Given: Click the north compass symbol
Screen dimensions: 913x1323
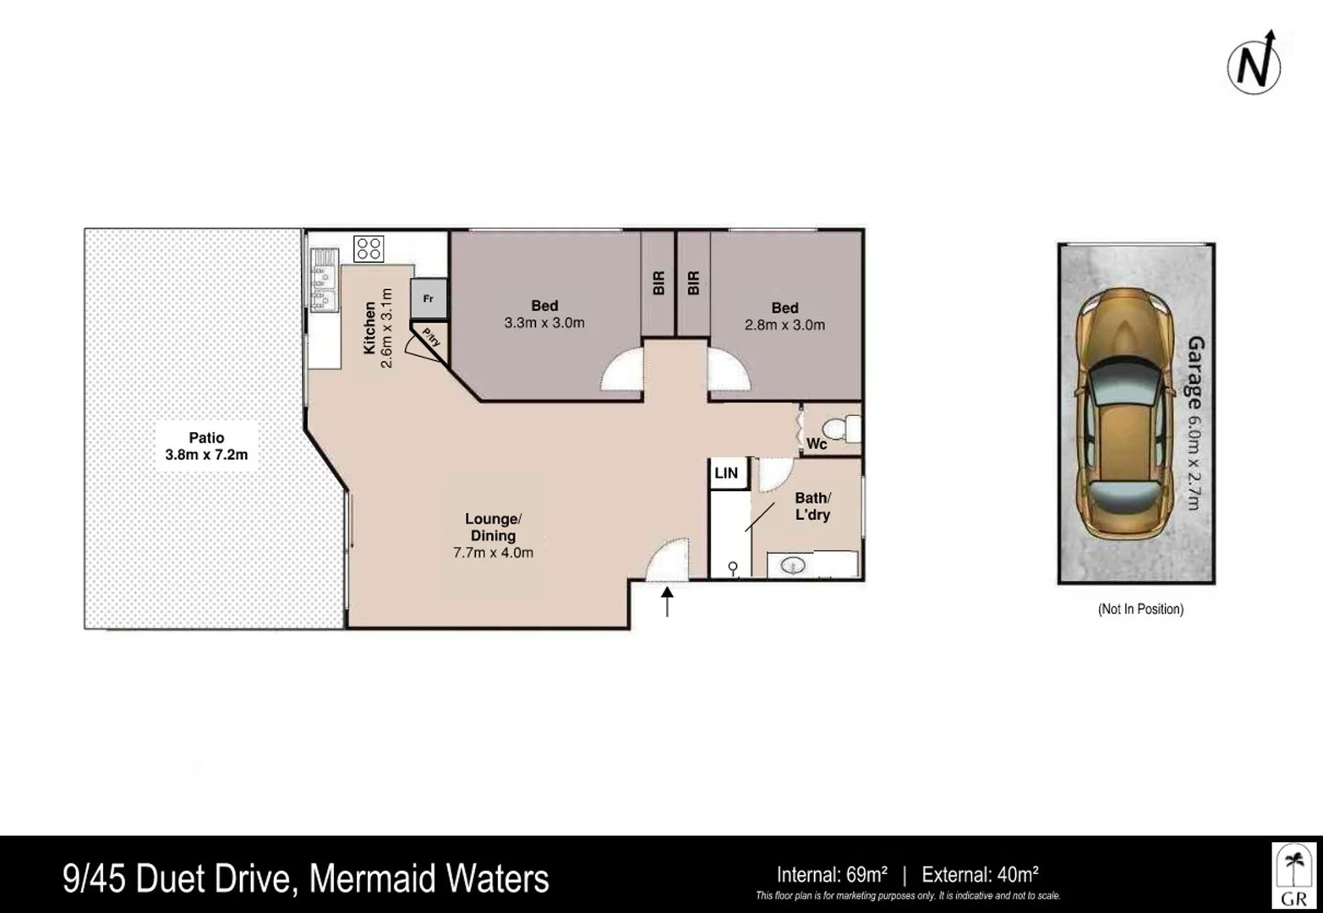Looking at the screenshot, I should click(x=1255, y=65).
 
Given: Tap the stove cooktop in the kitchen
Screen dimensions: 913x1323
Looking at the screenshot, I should click(x=369, y=249).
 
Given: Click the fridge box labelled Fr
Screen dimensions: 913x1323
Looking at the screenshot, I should click(x=429, y=298).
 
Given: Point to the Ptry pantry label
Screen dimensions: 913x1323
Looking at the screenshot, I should click(x=430, y=339).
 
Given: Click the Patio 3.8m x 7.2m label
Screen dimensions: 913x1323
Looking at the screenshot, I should click(x=206, y=446).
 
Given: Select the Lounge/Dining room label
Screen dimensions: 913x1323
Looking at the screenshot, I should click(x=493, y=528).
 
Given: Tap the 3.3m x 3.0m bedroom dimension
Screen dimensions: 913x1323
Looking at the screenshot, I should click(x=544, y=323).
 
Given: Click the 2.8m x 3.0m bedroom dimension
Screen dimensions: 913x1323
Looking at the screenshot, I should click(x=785, y=325).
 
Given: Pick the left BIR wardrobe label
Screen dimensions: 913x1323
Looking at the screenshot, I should click(x=659, y=282).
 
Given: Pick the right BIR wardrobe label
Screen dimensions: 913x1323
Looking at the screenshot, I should click(x=694, y=282).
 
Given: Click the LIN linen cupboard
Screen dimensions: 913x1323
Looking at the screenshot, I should click(x=726, y=473).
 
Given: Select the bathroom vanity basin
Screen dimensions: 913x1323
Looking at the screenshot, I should click(x=793, y=565).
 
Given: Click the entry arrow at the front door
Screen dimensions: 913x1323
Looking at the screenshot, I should click(x=667, y=601).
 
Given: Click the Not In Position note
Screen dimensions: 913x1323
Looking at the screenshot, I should click(x=1140, y=609).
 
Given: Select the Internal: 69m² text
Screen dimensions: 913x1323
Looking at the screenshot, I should click(x=832, y=875).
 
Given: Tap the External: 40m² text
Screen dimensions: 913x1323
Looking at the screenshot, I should click(x=980, y=875).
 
